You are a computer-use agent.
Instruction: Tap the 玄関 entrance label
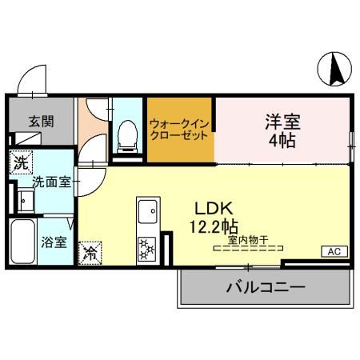click(x=42, y=122)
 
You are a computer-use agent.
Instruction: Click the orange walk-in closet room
click(x=180, y=130)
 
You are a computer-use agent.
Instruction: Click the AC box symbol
click(x=334, y=251)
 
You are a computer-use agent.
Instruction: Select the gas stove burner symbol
click(x=146, y=250)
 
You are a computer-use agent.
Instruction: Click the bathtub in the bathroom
click(x=22, y=244)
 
